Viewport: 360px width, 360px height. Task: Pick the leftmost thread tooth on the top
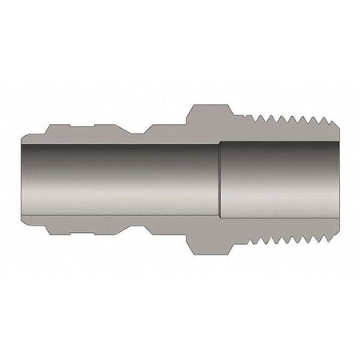[x=246, y=119]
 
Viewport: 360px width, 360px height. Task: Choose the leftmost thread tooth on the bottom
[x=246, y=241]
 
